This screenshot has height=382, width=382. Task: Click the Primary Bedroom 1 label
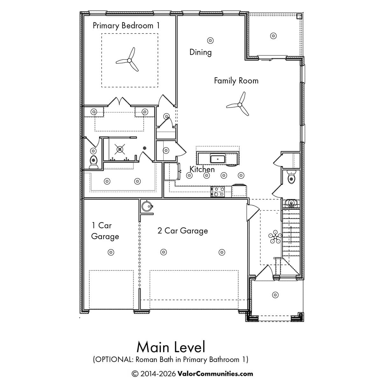(x=126, y=26)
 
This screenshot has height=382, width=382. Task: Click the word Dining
(x=201, y=53)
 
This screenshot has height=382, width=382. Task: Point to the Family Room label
(x=236, y=81)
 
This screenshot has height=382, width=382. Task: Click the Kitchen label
(x=202, y=169)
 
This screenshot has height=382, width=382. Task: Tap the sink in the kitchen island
(x=218, y=159)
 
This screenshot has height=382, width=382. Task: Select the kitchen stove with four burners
(x=218, y=192)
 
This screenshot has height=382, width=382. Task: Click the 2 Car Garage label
(x=183, y=231)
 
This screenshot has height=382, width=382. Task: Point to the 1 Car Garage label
(x=105, y=231)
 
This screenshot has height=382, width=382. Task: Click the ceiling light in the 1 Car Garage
(x=111, y=252)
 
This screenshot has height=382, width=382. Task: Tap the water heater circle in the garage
(x=147, y=206)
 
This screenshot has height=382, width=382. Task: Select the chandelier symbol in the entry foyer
(x=275, y=237)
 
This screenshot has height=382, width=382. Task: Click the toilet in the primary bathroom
(x=94, y=162)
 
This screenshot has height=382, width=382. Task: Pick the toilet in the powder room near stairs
(x=291, y=177)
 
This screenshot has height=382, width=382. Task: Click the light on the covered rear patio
(x=273, y=36)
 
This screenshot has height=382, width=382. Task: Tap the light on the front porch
(x=275, y=295)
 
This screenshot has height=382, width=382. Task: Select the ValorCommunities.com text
(x=215, y=374)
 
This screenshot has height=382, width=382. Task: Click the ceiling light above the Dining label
(x=210, y=41)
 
